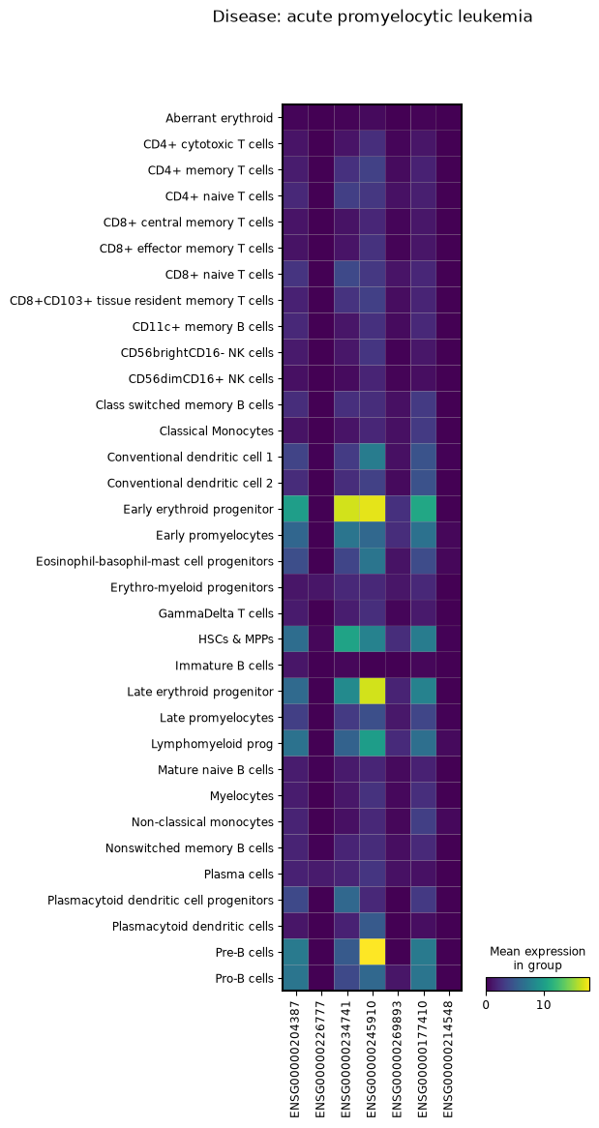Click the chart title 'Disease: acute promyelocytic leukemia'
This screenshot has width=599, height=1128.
tap(373, 16)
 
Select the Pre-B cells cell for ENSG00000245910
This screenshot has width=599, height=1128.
tap(373, 952)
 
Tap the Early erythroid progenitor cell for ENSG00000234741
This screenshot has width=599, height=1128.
tap(347, 509)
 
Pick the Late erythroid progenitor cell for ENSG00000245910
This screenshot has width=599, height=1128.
tap(373, 692)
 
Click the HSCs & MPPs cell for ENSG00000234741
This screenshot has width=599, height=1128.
tap(347, 639)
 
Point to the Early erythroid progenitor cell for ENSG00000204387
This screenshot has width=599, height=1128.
tap(296, 509)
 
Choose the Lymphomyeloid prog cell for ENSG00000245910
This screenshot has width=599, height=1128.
tap(373, 743)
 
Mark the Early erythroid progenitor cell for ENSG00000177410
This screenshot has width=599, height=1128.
tap(423, 509)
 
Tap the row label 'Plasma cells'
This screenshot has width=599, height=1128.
tap(239, 875)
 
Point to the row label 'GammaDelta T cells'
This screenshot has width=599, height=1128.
tap(216, 613)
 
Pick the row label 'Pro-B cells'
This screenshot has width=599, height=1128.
tap(240, 978)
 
